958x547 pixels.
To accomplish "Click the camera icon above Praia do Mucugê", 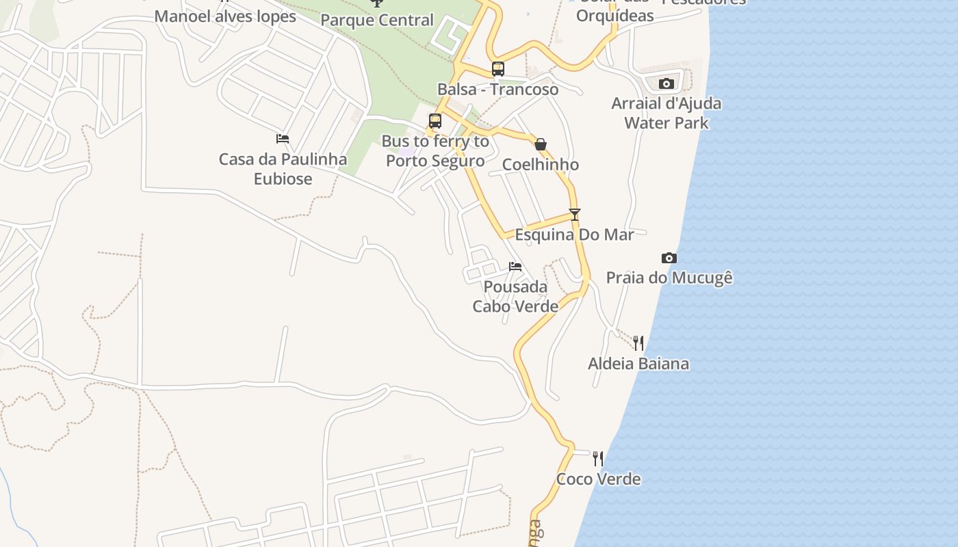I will (x=669, y=258).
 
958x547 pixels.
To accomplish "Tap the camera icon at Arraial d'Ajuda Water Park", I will (x=666, y=83).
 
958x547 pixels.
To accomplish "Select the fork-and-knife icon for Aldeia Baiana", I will (x=638, y=343).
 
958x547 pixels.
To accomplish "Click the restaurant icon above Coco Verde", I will (x=598, y=458).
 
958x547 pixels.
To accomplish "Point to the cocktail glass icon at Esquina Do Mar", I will (x=574, y=214).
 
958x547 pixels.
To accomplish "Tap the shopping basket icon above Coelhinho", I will (x=541, y=144).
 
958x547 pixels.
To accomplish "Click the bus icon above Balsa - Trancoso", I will (x=498, y=69).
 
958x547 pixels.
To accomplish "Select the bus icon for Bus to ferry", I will (x=435, y=121).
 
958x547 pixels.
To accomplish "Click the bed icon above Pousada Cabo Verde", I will (x=515, y=266).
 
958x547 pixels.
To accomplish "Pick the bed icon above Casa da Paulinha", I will (x=283, y=139).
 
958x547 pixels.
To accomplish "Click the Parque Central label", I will (x=377, y=21).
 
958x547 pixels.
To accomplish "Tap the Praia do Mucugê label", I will (x=669, y=278).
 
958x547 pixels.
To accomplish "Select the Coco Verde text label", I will (x=598, y=479).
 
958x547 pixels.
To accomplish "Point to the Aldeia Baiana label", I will (x=638, y=363).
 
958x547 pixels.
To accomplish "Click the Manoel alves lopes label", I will (x=225, y=16).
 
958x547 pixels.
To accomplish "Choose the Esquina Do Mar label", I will (x=574, y=235).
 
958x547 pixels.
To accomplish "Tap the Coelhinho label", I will (x=541, y=164).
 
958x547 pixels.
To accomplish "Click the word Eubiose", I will (x=283, y=179).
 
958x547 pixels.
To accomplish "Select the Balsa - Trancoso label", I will (x=498, y=89).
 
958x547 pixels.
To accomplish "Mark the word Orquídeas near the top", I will (x=614, y=15).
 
